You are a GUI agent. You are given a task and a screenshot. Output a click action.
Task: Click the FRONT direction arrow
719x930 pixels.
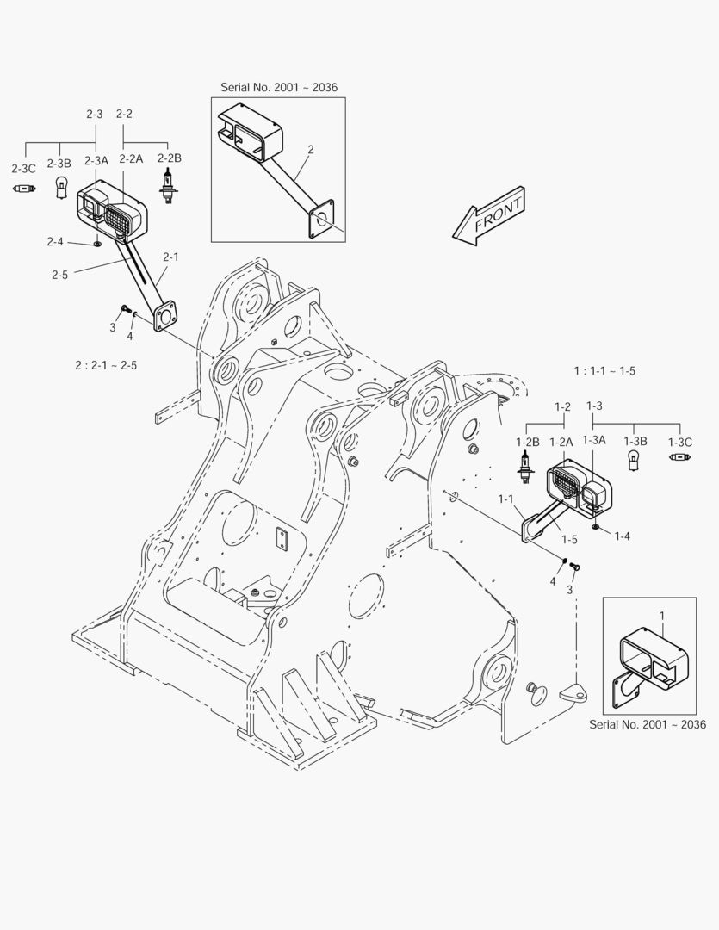pyautogui.click(x=489, y=216)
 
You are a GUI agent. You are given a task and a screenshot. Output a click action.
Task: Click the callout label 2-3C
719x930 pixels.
pyautogui.click(x=24, y=169)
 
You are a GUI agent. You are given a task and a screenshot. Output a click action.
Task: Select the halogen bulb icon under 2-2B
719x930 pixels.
pyautogui.click(x=169, y=185)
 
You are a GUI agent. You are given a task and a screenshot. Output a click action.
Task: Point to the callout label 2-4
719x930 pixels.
pyautogui.click(x=55, y=241)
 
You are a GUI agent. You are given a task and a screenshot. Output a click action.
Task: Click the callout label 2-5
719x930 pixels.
pyautogui.click(x=60, y=275)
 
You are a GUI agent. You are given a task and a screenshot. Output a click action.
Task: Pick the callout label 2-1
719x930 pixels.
pyautogui.click(x=170, y=257)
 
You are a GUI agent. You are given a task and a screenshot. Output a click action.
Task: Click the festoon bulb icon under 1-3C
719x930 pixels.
pyautogui.click(x=680, y=456)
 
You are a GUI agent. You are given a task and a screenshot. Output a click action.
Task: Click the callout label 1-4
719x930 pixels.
pyautogui.click(x=623, y=536)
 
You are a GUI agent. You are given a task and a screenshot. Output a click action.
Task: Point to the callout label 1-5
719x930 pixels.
pyautogui.click(x=569, y=539)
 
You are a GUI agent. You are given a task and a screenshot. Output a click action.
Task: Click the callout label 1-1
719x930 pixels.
pyautogui.click(x=505, y=499)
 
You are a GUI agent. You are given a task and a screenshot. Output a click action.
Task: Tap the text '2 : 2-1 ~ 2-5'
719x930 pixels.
pyautogui.click(x=106, y=365)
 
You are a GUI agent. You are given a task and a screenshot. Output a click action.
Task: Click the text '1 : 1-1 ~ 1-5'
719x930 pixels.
pyautogui.click(x=604, y=370)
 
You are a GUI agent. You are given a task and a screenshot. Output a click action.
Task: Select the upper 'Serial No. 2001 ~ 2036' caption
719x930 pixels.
pyautogui.click(x=279, y=87)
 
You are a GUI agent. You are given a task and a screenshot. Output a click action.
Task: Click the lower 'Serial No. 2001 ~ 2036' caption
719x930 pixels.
pyautogui.click(x=648, y=724)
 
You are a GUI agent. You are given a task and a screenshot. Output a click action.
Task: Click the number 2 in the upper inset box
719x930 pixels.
pyautogui.click(x=311, y=150)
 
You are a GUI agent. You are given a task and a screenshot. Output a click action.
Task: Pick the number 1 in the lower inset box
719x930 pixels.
pyautogui.click(x=663, y=617)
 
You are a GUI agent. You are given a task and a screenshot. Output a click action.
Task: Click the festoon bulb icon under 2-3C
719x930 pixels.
pyautogui.click(x=24, y=189)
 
